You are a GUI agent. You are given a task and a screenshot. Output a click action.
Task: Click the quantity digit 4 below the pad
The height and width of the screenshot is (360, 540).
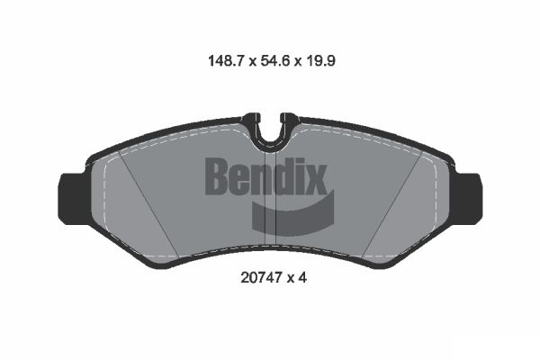[304, 278]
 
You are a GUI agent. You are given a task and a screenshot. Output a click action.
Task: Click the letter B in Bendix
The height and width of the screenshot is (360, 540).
[219, 175]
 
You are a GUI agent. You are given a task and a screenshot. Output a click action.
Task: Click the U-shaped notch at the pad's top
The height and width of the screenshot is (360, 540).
[270, 131]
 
